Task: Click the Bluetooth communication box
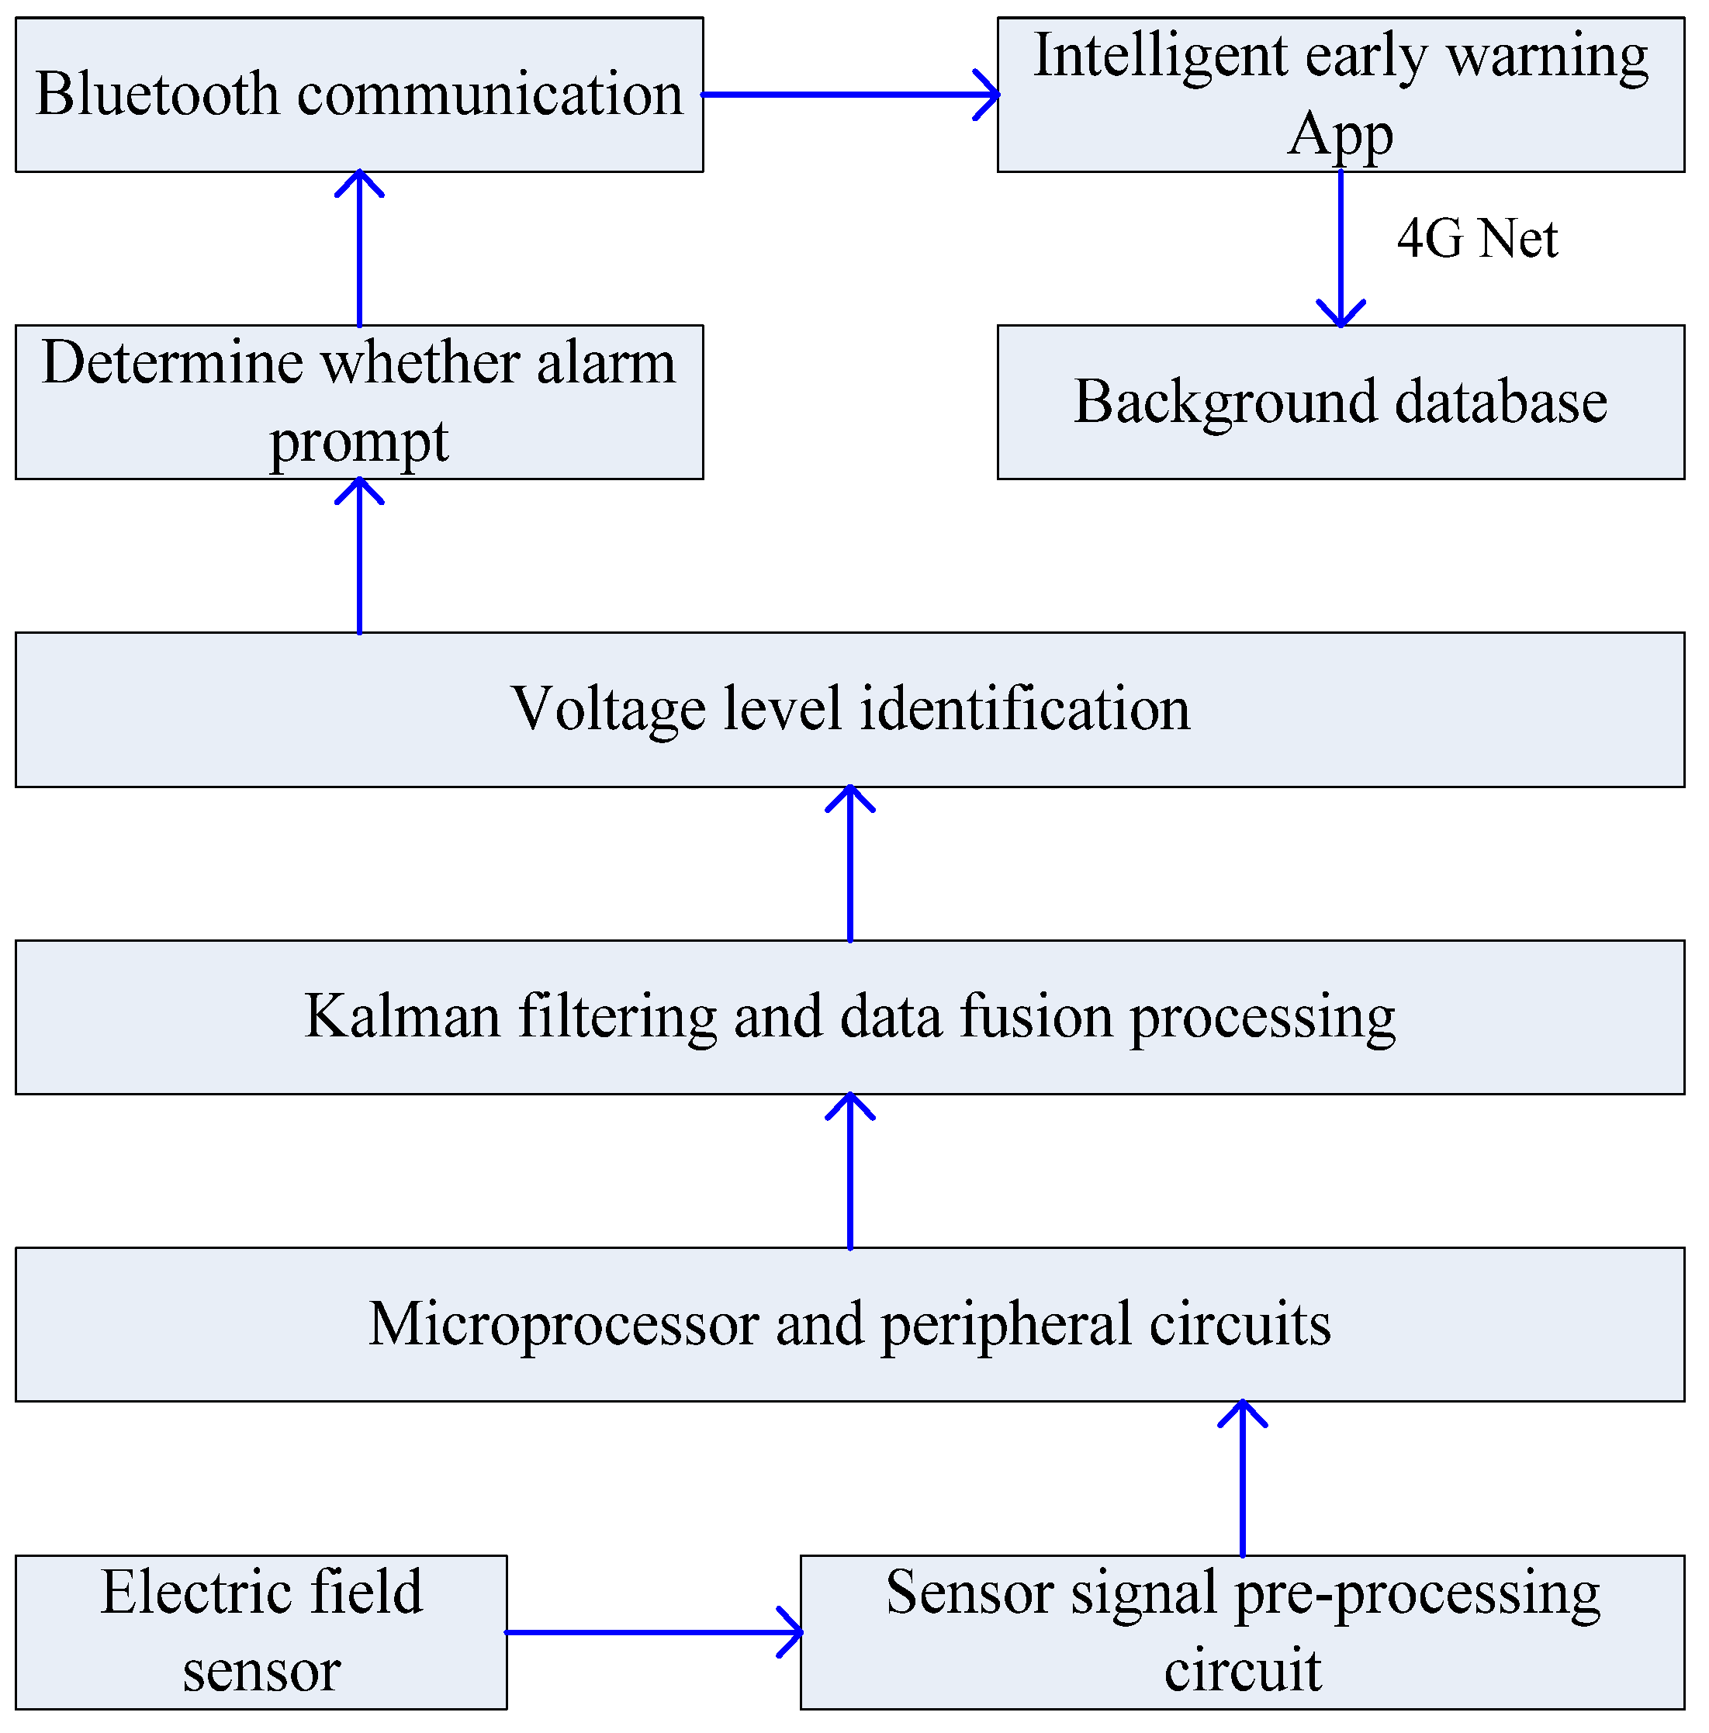click(359, 94)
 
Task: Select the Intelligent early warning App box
click(1341, 94)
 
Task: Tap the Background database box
click(1341, 402)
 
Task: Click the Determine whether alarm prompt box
click(359, 402)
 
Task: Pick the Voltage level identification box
click(849, 710)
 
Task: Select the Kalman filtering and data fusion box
click(849, 1017)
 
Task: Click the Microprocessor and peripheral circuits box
click(849, 1324)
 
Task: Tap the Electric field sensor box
click(261, 1631)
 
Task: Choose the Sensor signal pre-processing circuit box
click(1241, 1631)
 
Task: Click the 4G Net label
click(1476, 239)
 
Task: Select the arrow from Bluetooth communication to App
click(849, 94)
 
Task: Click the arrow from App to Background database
click(1341, 247)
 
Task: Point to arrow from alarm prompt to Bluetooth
click(360, 248)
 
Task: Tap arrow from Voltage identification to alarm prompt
click(360, 556)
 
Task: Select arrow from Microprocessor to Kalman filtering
click(849, 1171)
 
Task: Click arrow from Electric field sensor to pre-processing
click(653, 1631)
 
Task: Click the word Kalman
click(402, 1017)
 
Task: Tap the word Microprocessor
click(563, 1324)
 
